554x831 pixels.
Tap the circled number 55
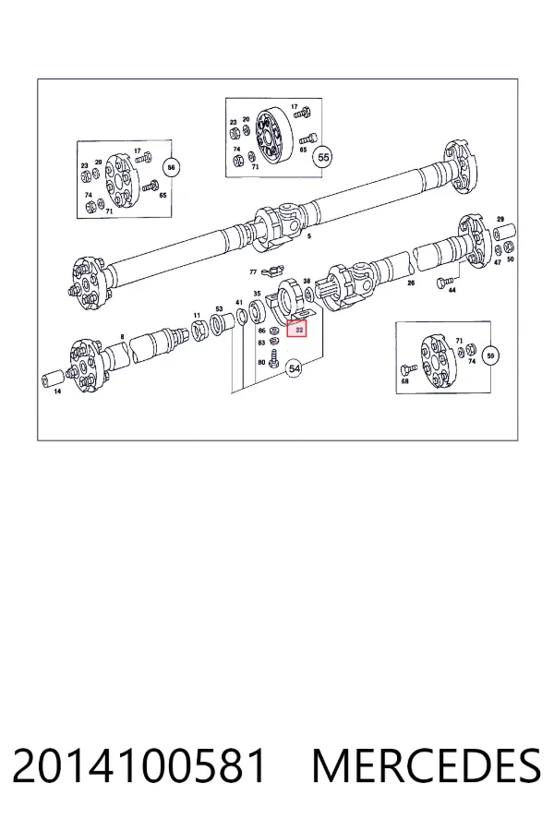click(x=323, y=157)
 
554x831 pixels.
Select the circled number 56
click(x=171, y=167)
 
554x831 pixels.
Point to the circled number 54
click(x=294, y=367)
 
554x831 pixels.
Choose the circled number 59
click(x=490, y=355)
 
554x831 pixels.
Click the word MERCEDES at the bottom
click(x=427, y=765)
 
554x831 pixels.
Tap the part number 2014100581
click(x=139, y=765)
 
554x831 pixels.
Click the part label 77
click(x=253, y=271)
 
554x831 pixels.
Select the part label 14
click(x=57, y=391)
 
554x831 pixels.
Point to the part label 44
click(x=452, y=291)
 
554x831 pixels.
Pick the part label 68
click(x=405, y=381)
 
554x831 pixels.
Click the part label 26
click(x=411, y=283)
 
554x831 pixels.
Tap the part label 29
click(x=500, y=219)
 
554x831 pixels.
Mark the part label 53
click(x=219, y=308)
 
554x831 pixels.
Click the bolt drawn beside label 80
click(x=274, y=359)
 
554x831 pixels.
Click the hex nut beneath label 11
click(x=199, y=331)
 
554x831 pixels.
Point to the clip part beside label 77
click(x=270, y=271)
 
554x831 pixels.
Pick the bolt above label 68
click(x=409, y=368)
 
